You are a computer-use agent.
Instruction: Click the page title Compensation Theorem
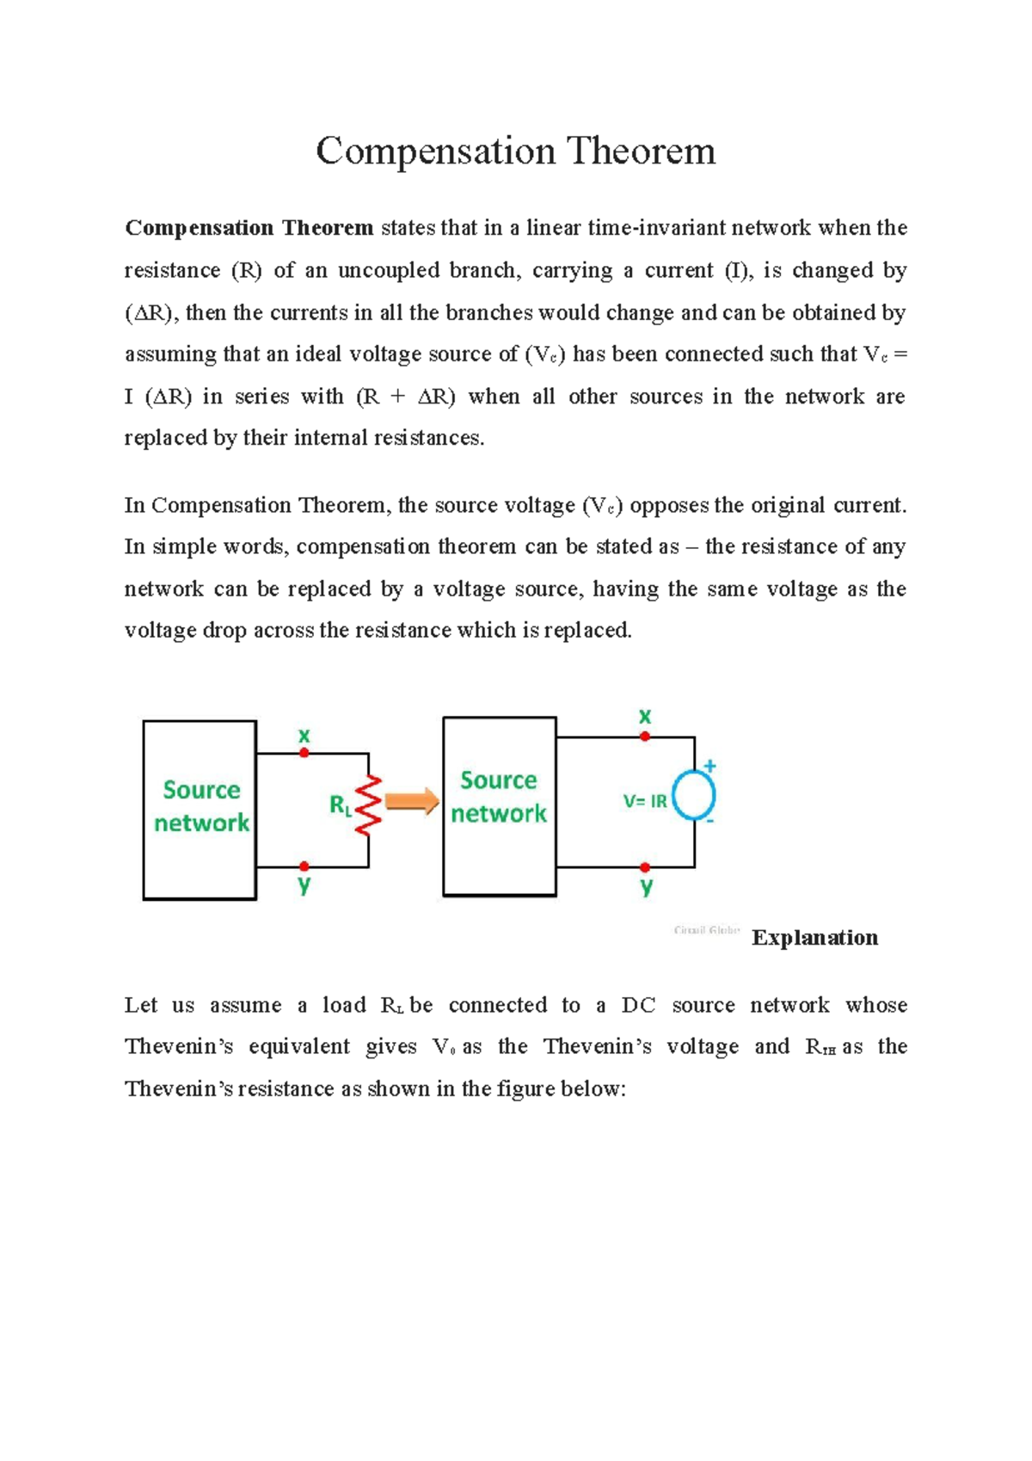(x=515, y=151)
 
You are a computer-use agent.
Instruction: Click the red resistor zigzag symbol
(x=369, y=805)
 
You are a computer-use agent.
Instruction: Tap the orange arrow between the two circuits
(x=412, y=802)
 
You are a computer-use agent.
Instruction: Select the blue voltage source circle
(x=694, y=796)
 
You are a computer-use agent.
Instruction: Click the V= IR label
(x=645, y=801)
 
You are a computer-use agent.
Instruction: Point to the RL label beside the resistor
(x=341, y=805)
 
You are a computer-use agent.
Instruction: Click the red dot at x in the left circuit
(x=304, y=753)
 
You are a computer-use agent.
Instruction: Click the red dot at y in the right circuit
(x=645, y=867)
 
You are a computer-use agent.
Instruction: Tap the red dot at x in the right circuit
(x=645, y=737)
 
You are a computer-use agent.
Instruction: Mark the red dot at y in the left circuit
(x=304, y=866)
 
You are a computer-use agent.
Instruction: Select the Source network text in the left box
(x=201, y=806)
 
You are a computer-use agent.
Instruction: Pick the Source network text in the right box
(x=499, y=797)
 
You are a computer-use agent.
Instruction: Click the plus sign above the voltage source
(x=710, y=765)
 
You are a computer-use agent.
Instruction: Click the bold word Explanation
(x=814, y=937)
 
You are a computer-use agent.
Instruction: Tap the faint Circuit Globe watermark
(x=707, y=930)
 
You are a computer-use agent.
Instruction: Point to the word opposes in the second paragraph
(x=671, y=505)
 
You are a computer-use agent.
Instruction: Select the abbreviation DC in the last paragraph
(x=638, y=1005)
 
